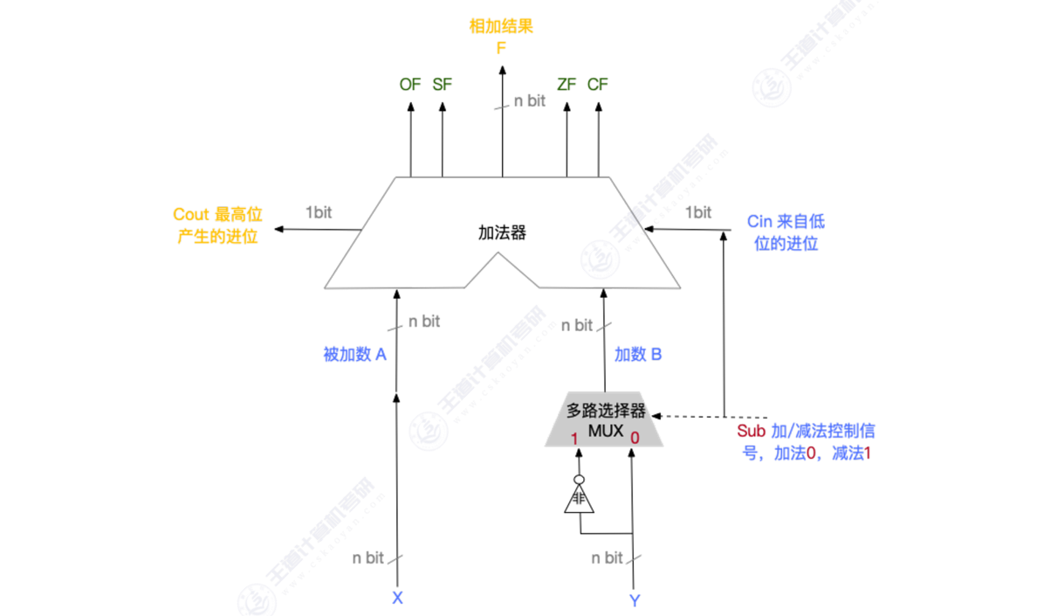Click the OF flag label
click(x=409, y=85)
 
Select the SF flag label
click(x=443, y=85)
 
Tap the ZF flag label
click(x=567, y=85)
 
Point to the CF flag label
click(x=598, y=85)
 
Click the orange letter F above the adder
click(x=501, y=48)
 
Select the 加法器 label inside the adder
click(x=503, y=233)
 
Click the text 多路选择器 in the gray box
click(x=606, y=409)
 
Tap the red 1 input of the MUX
click(x=575, y=438)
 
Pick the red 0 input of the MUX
click(x=635, y=437)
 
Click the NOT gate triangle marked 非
click(x=578, y=501)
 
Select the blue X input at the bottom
click(x=397, y=599)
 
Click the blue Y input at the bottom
click(x=635, y=600)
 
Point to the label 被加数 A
click(x=354, y=355)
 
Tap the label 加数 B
click(x=638, y=355)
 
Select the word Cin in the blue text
click(x=759, y=222)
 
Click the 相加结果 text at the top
click(x=501, y=27)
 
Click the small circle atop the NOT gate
click(x=578, y=480)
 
